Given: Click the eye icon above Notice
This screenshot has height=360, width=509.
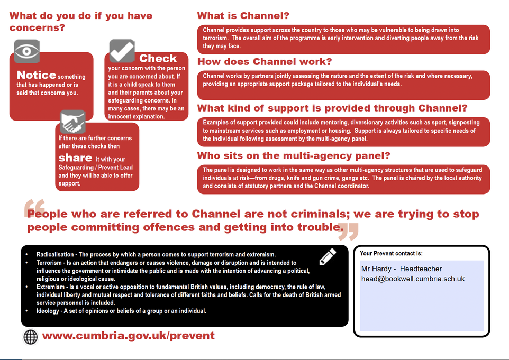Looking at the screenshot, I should (x=26, y=51).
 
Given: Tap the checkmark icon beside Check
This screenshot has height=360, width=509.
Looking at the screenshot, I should (x=122, y=51).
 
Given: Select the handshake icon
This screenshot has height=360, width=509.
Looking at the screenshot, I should (x=72, y=122).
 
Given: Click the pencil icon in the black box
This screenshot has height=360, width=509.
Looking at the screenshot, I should (x=328, y=256).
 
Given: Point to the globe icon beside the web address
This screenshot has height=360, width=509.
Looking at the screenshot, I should (x=31, y=336).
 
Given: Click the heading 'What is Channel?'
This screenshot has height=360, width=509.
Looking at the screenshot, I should (x=243, y=16).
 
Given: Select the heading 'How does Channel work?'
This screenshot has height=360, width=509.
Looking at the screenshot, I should (x=265, y=62).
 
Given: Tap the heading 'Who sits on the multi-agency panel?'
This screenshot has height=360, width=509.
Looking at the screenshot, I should (x=294, y=156).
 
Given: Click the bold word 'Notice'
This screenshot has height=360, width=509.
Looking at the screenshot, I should (x=36, y=75).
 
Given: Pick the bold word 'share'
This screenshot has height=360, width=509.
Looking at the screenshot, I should (x=75, y=158).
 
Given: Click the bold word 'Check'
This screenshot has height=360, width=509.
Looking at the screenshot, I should (x=158, y=58).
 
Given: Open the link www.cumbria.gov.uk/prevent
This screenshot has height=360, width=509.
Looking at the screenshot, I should (x=129, y=336).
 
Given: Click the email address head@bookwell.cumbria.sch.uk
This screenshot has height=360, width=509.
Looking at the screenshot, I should (x=413, y=279).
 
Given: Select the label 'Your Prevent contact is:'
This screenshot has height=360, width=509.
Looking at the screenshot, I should (x=391, y=253).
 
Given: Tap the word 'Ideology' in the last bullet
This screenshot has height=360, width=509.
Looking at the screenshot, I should (x=48, y=311).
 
